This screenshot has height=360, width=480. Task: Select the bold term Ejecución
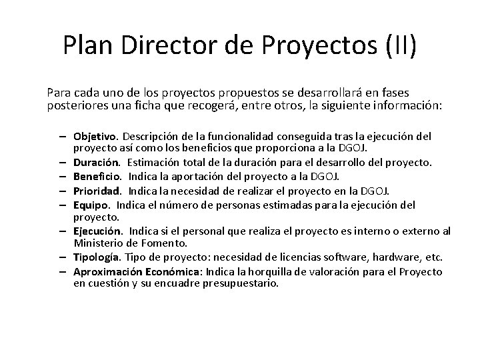tap(96, 231)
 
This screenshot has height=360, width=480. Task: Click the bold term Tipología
tap(96, 258)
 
